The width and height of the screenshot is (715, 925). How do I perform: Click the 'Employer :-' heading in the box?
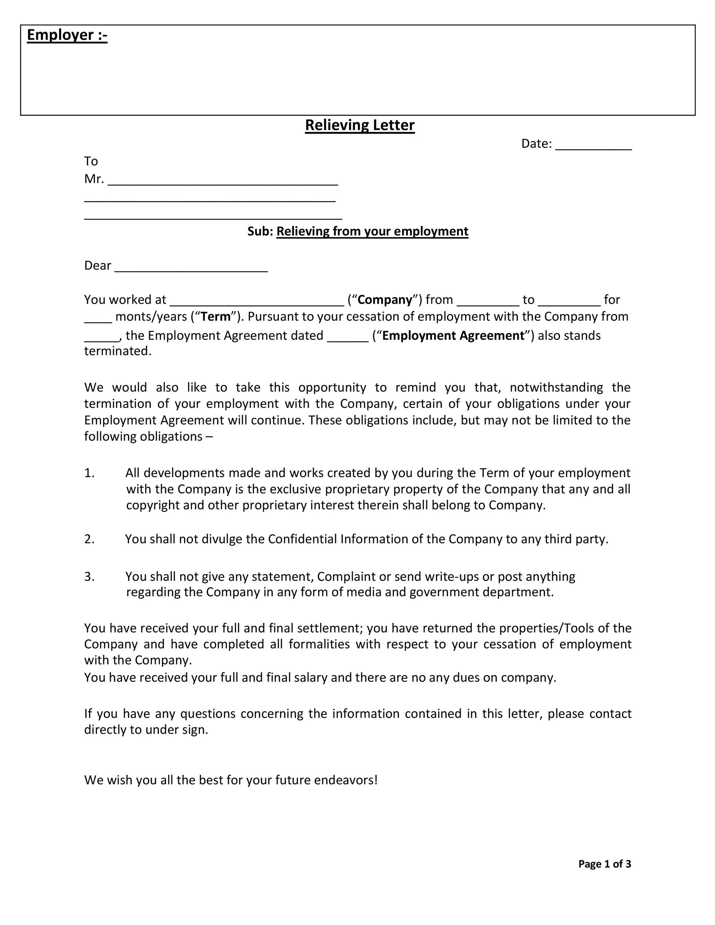point(67,35)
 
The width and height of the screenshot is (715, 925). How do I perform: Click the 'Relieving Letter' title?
point(360,125)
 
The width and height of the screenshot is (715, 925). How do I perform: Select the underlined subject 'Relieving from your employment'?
point(372,231)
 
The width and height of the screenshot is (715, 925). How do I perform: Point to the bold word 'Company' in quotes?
point(385,300)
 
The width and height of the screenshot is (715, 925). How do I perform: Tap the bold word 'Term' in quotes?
point(216,317)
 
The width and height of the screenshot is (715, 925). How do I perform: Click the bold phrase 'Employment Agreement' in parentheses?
point(453,336)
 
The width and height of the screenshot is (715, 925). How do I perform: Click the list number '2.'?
point(90,539)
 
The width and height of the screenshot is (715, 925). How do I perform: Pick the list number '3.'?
point(90,576)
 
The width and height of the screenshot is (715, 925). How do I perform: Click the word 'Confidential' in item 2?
point(302,539)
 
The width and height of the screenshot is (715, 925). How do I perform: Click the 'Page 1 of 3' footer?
point(604,864)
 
